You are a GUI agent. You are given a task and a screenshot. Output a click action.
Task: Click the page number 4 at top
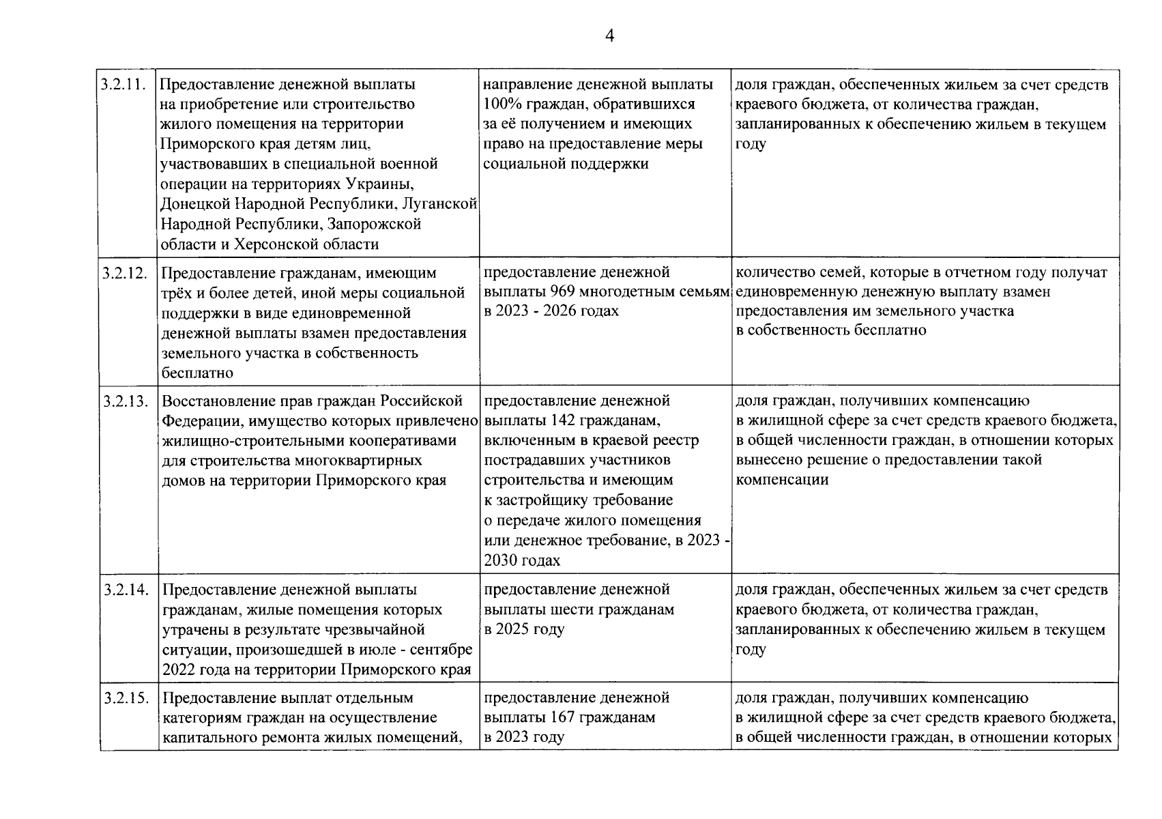(609, 36)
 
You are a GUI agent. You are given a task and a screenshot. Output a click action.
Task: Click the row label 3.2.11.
(124, 85)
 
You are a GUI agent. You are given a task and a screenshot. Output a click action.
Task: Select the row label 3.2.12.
(124, 274)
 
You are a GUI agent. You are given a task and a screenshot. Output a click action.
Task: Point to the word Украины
(379, 184)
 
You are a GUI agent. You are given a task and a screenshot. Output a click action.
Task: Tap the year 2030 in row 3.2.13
(500, 560)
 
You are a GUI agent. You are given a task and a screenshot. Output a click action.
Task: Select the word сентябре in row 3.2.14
(441, 649)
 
